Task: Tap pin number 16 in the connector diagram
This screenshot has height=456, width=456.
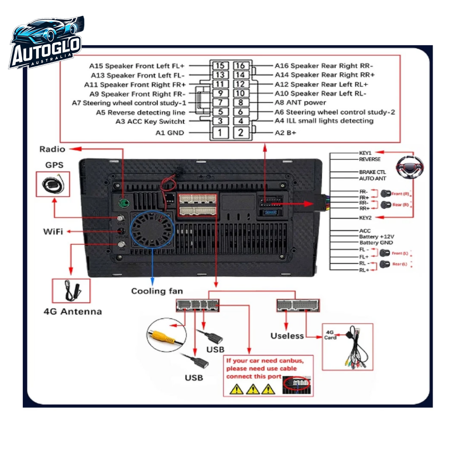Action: click(240, 66)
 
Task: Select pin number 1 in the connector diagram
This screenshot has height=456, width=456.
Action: click(220, 132)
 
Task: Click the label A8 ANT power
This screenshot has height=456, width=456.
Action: click(300, 103)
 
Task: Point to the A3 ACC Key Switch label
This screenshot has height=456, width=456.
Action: click(150, 121)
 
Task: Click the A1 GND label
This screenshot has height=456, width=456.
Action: click(169, 133)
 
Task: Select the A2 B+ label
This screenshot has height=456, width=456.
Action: click(285, 133)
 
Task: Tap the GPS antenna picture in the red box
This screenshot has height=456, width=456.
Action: click(53, 184)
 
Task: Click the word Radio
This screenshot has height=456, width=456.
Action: click(52, 149)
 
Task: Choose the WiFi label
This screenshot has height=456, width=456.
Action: click(53, 232)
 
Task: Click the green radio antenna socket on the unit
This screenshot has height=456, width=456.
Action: click(124, 203)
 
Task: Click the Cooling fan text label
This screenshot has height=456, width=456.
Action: click(157, 291)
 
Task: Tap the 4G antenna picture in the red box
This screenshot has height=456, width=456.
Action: click(71, 291)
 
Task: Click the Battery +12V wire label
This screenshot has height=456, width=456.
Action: click(376, 237)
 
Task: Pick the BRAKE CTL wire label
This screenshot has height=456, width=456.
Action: click(372, 172)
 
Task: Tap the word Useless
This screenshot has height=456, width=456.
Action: click(287, 336)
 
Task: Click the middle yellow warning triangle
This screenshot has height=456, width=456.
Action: click(252, 389)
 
